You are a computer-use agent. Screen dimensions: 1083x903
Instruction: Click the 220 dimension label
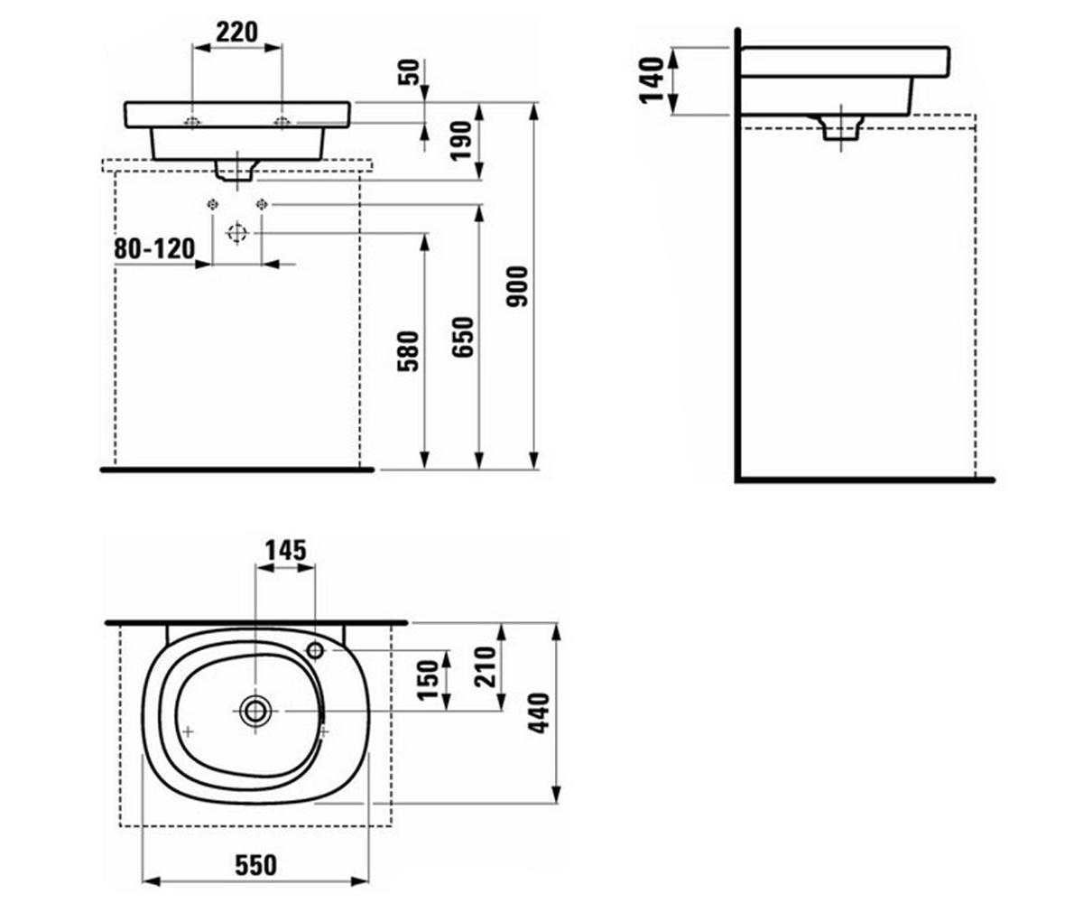click(x=236, y=33)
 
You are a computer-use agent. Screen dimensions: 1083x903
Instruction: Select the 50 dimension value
click(x=410, y=72)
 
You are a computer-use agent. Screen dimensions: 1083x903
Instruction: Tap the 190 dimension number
click(x=462, y=141)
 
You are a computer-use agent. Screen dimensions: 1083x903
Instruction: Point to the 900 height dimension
click(x=517, y=286)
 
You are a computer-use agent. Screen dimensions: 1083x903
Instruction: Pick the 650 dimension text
click(x=463, y=338)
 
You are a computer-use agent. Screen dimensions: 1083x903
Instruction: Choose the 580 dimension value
click(x=408, y=351)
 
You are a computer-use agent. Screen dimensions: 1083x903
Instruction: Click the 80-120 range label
click(x=154, y=249)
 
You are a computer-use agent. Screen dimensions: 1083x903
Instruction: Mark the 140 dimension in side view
click(x=652, y=80)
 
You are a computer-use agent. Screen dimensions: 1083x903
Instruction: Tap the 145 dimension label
click(x=286, y=551)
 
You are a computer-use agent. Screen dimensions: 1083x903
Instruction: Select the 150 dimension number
click(x=429, y=680)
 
